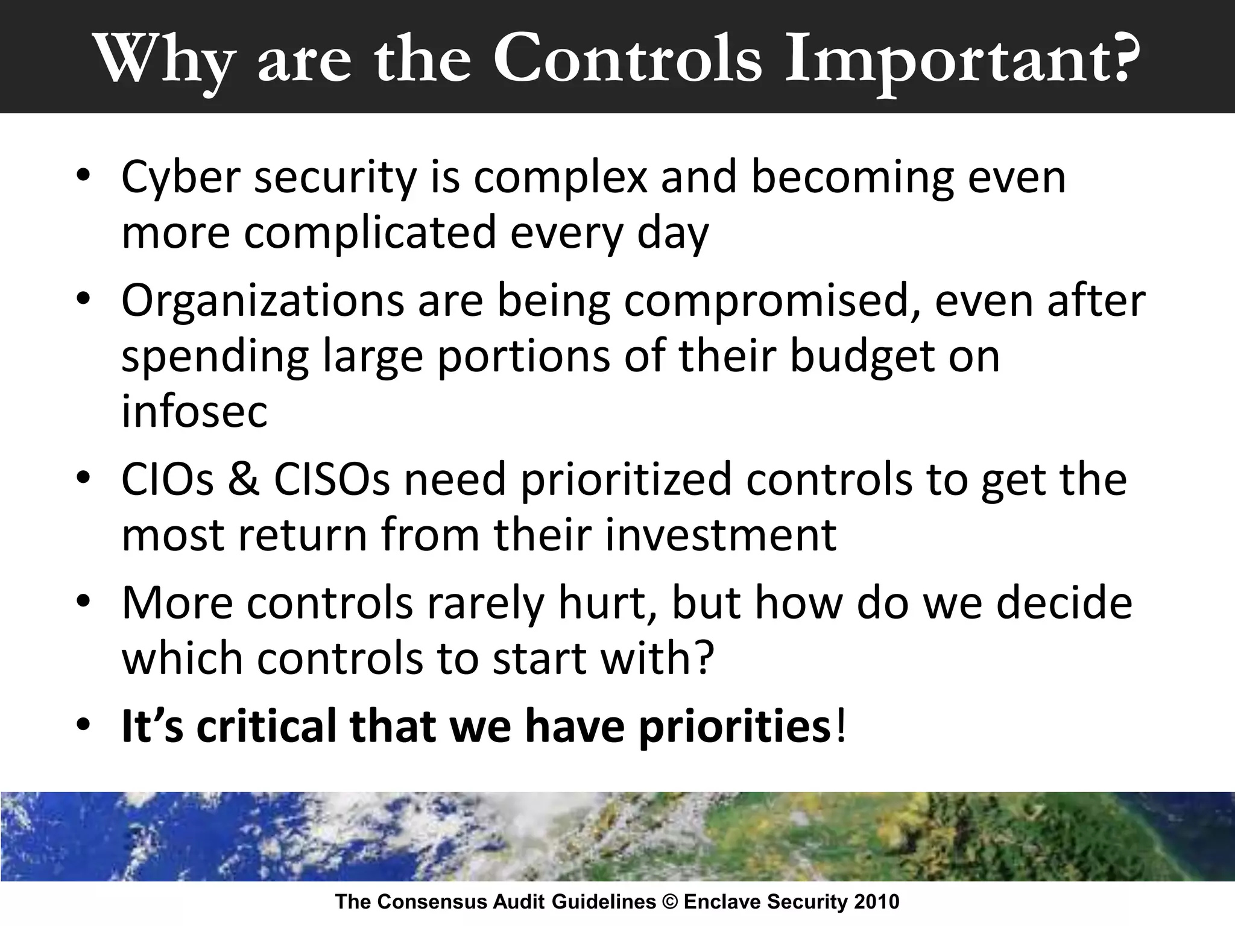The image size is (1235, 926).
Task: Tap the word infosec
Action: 194,412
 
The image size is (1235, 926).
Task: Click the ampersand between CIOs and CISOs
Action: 244,480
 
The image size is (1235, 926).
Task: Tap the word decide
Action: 1064,603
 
